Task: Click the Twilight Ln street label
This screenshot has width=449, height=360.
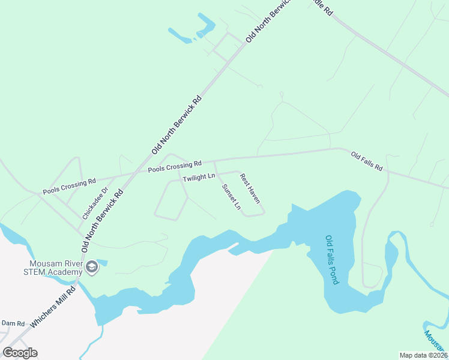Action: pyautogui.click(x=199, y=177)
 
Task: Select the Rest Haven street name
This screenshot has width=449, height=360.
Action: pyautogui.click(x=250, y=188)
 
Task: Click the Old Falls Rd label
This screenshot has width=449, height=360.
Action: pyautogui.click(x=367, y=162)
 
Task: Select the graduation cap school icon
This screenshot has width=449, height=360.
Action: pyautogui.click(x=91, y=267)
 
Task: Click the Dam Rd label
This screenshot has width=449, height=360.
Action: pyautogui.click(x=12, y=323)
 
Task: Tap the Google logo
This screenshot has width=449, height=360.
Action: pyautogui.click(x=20, y=352)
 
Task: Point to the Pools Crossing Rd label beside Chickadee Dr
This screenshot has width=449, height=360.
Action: pyautogui.click(x=69, y=186)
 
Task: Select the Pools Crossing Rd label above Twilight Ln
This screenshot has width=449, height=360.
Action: pyautogui.click(x=175, y=167)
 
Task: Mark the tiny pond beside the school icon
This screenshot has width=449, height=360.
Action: pyautogui.click(x=103, y=262)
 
